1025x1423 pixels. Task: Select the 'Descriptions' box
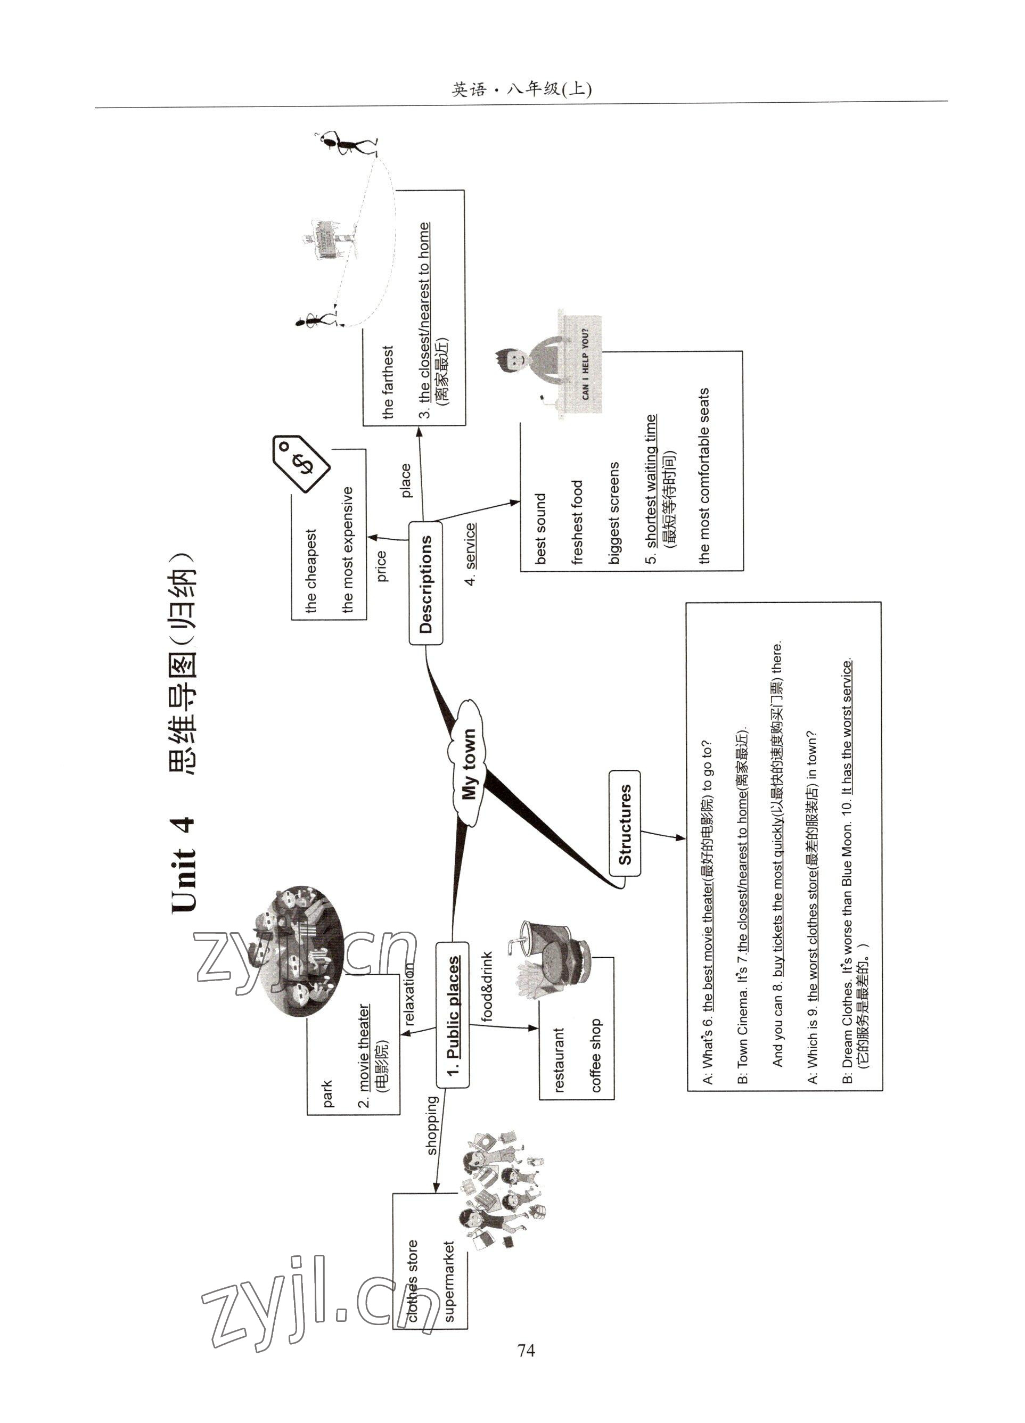point(425,583)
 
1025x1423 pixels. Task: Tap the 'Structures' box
point(625,824)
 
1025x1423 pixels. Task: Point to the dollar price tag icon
point(300,463)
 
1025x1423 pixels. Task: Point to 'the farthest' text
point(387,382)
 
